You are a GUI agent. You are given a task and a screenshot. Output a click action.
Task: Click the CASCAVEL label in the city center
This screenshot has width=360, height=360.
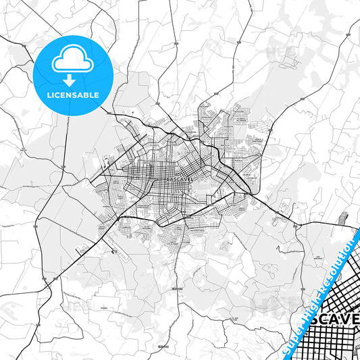point(180,180)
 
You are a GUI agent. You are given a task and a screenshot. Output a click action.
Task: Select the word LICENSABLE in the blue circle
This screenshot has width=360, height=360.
point(72,95)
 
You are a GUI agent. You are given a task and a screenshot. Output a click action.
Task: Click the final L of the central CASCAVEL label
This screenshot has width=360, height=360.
point(193,180)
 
